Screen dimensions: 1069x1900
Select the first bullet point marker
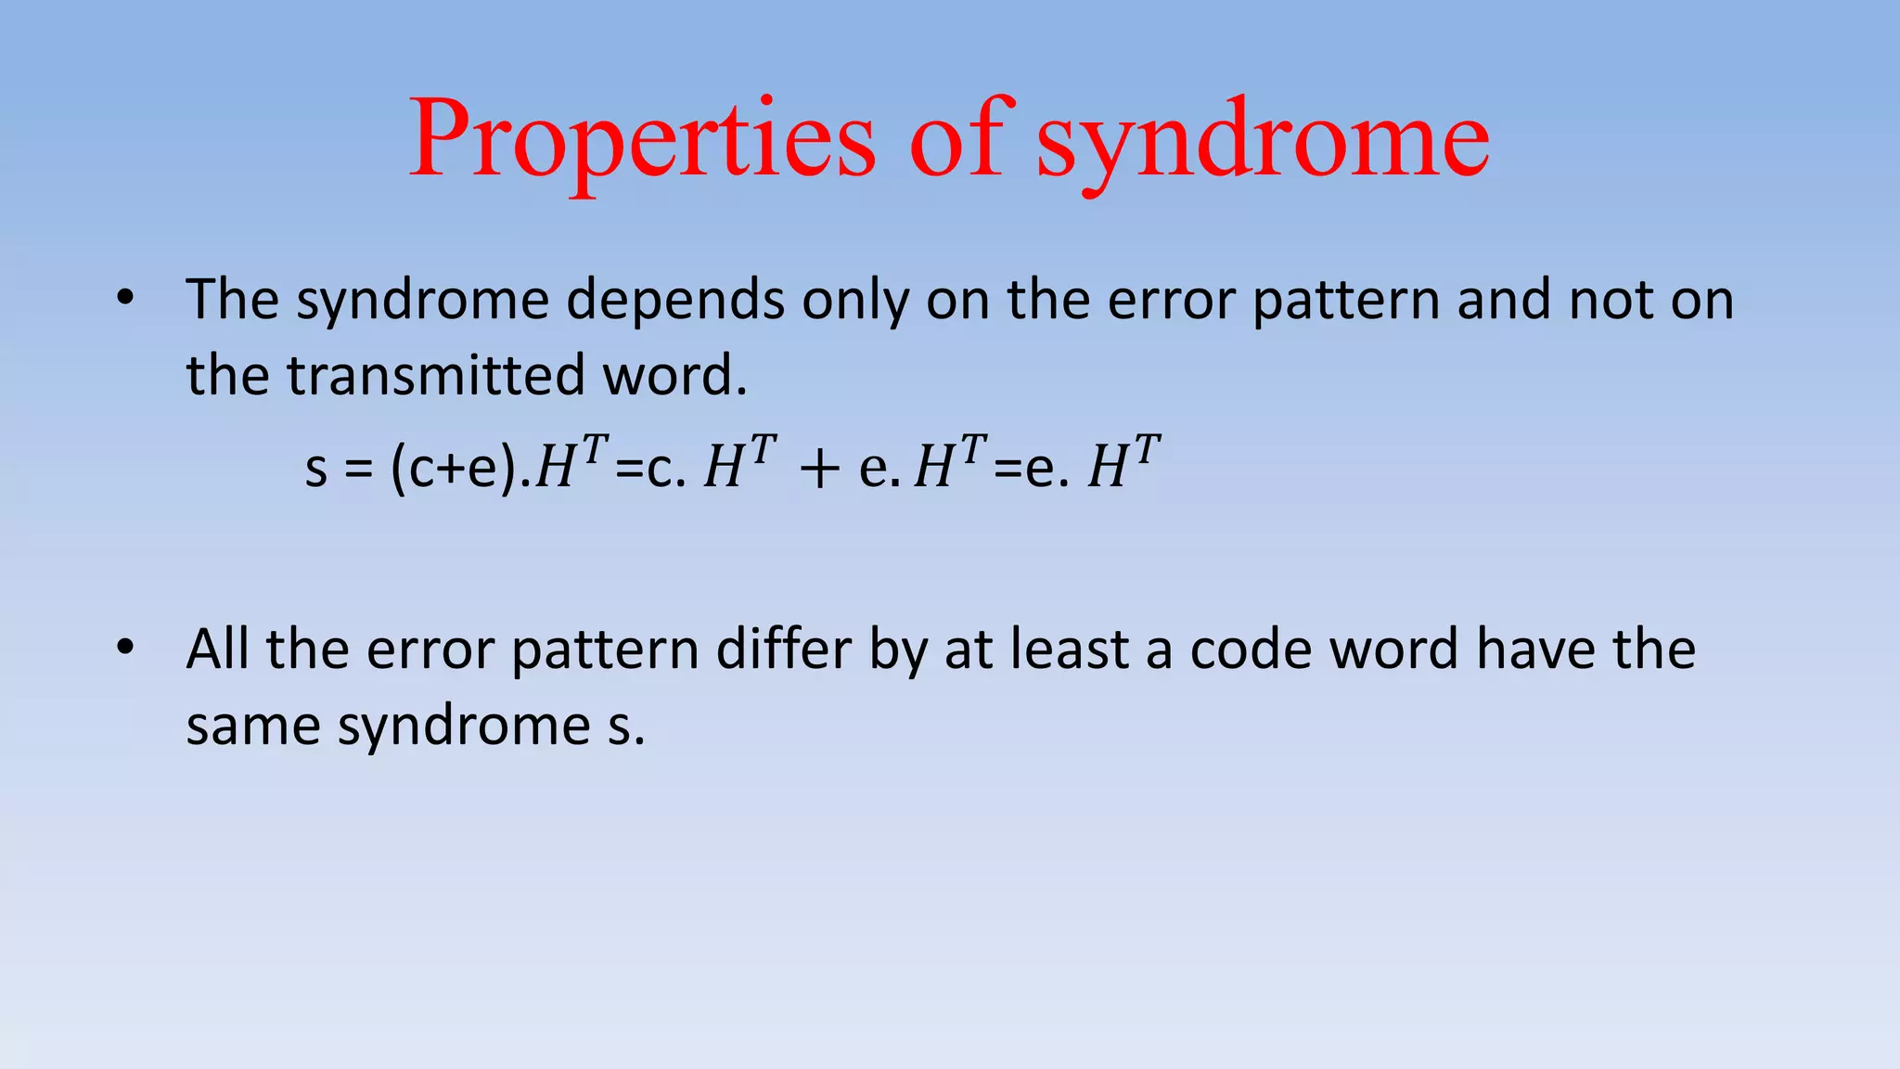pyautogui.click(x=126, y=298)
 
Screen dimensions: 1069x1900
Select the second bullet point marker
pyautogui.click(x=126, y=647)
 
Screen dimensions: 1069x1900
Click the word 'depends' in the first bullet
pyautogui.click(x=675, y=301)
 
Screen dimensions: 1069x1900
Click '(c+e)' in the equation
pyautogui.click(x=454, y=466)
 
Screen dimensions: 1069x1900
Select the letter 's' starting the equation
pyautogui.click(x=316, y=468)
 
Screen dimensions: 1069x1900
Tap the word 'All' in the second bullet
pyautogui.click(x=217, y=649)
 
